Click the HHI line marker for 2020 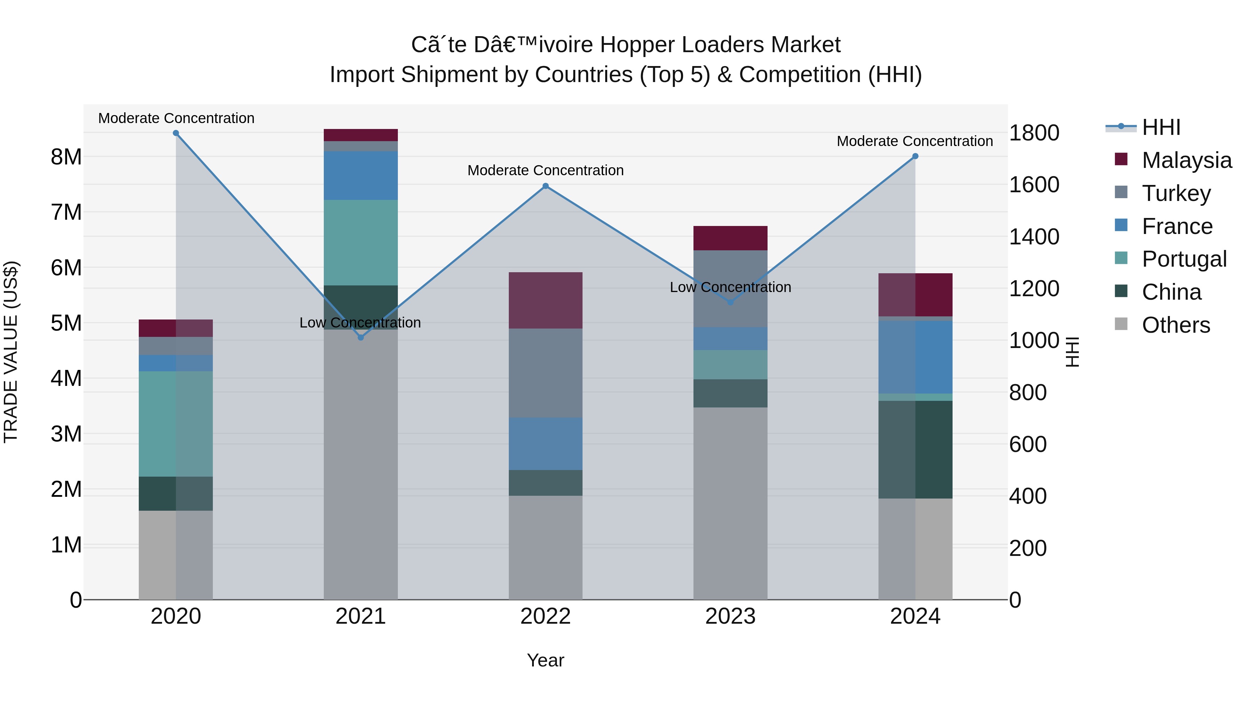point(176,133)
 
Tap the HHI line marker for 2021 point(361,337)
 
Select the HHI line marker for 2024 point(915,156)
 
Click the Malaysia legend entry point(1186,160)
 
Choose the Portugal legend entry point(1183,259)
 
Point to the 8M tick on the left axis point(66,157)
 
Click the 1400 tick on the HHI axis point(1034,237)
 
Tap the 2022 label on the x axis point(545,616)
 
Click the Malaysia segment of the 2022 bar point(545,300)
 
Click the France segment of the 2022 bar point(545,443)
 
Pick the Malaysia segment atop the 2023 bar point(730,238)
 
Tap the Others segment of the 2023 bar point(730,503)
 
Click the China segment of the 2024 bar point(915,450)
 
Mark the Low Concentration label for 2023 point(730,287)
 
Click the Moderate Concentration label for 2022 point(545,171)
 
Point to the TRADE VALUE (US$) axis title point(11,352)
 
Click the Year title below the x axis point(545,660)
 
